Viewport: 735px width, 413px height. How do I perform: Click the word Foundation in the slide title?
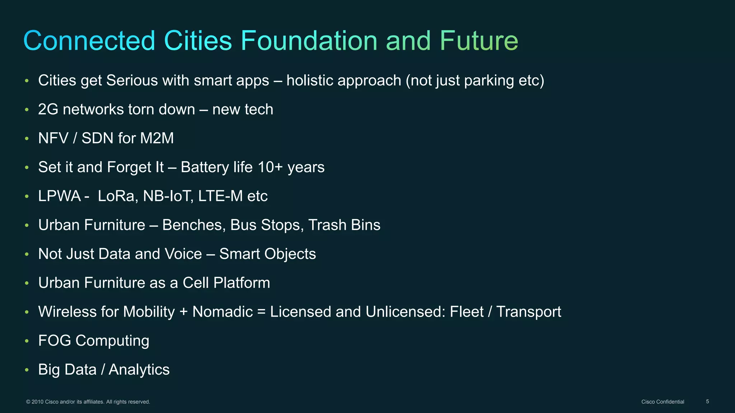pyautogui.click(x=309, y=41)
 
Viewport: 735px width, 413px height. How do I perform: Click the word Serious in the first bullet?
pyautogui.click(x=132, y=80)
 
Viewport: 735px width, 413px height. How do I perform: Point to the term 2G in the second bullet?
pyautogui.click(x=48, y=109)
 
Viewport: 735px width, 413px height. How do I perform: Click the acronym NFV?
pyautogui.click(x=53, y=138)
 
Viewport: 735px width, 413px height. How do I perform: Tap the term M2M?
pyautogui.click(x=157, y=138)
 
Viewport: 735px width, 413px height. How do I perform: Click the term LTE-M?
pyautogui.click(x=220, y=196)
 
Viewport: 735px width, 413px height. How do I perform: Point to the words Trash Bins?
pyautogui.click(x=344, y=225)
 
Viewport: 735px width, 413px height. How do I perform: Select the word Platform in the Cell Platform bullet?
pyautogui.click(x=242, y=283)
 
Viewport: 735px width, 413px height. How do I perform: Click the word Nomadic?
pyautogui.click(x=223, y=312)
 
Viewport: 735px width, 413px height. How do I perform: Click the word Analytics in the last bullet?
pyautogui.click(x=139, y=370)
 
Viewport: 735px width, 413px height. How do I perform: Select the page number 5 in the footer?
pyautogui.click(x=707, y=402)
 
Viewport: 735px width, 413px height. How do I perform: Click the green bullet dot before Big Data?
pyautogui.click(x=27, y=370)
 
